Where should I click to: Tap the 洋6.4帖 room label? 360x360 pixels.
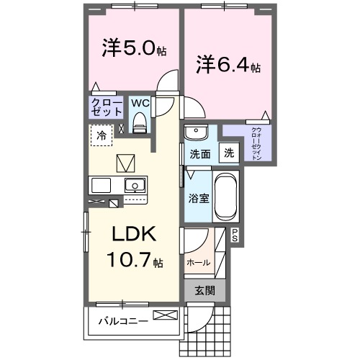[x=228, y=66]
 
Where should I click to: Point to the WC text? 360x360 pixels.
[x=140, y=102]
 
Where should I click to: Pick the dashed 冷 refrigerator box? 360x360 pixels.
[x=102, y=135]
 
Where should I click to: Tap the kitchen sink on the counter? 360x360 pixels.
[x=133, y=184]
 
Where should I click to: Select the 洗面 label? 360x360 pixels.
[x=199, y=153]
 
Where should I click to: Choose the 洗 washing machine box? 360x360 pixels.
[x=228, y=152]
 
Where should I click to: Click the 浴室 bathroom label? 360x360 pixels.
[x=199, y=197]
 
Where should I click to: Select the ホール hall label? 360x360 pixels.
[x=199, y=262]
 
